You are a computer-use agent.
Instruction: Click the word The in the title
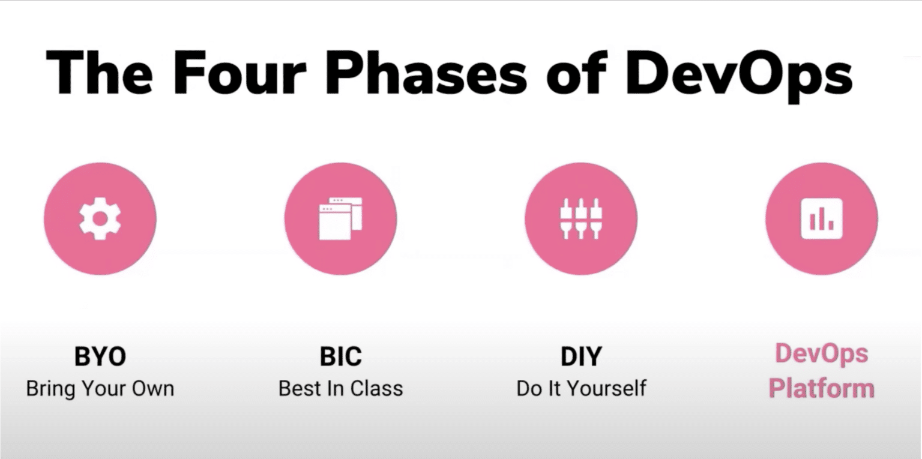99,73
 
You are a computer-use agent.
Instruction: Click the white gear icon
100,218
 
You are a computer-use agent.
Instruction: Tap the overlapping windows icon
341,218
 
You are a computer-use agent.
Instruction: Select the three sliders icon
581,218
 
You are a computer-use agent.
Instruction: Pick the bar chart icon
822,218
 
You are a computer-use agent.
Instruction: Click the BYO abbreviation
100,356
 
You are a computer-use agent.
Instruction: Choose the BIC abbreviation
341,356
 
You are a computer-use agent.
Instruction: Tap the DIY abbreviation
581,356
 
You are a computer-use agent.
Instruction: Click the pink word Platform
822,389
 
